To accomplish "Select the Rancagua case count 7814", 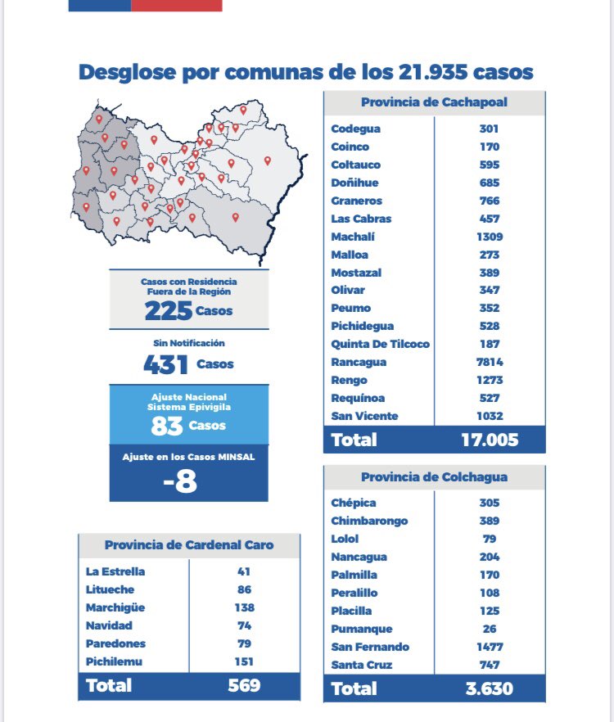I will (x=490, y=362).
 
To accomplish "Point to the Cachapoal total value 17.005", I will (x=490, y=440).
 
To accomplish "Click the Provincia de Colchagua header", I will (x=434, y=476).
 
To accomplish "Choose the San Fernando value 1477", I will (x=490, y=647).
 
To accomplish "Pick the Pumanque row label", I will (x=362, y=629).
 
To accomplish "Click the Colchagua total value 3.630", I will (x=490, y=688).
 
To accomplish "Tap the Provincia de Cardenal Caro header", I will (x=189, y=545).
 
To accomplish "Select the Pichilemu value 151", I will (x=244, y=661).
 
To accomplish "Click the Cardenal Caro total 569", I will (x=244, y=685).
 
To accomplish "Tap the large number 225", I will (x=169, y=311).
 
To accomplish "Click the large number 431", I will (x=166, y=365).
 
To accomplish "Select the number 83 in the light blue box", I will (x=166, y=426).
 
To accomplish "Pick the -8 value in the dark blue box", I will (x=180, y=481).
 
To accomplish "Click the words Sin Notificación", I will (x=189, y=343).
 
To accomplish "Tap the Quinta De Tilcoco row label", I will (x=380, y=344).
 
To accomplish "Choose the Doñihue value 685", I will (x=490, y=183).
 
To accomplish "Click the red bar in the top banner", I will (x=176, y=5).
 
